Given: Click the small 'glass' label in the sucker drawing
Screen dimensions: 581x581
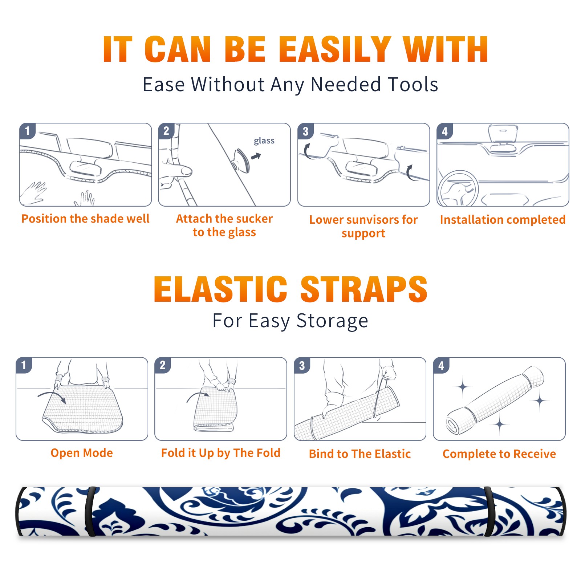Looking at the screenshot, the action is [264, 141].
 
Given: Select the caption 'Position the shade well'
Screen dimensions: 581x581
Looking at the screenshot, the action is [85, 219].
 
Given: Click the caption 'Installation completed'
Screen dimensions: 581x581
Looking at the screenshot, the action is [503, 219].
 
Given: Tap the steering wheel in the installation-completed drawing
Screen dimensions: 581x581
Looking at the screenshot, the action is [458, 188].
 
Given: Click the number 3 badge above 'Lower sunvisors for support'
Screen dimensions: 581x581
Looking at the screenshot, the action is [305, 131].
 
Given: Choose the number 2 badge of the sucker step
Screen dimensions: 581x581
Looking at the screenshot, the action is [166, 131].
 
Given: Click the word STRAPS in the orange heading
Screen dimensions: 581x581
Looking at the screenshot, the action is [364, 289].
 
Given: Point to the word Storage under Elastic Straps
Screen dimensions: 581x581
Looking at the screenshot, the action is [332, 321].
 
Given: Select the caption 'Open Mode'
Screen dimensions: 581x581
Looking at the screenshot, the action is [82, 453].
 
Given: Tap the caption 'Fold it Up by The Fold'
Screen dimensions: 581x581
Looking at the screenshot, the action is [221, 453].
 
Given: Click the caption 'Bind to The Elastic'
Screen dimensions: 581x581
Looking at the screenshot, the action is [360, 454].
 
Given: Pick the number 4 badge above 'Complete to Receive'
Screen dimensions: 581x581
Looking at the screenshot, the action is [441, 365].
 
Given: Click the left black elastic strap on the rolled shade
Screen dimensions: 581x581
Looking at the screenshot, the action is [90, 512].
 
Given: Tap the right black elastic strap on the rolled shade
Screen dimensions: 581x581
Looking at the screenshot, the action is [489, 512].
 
